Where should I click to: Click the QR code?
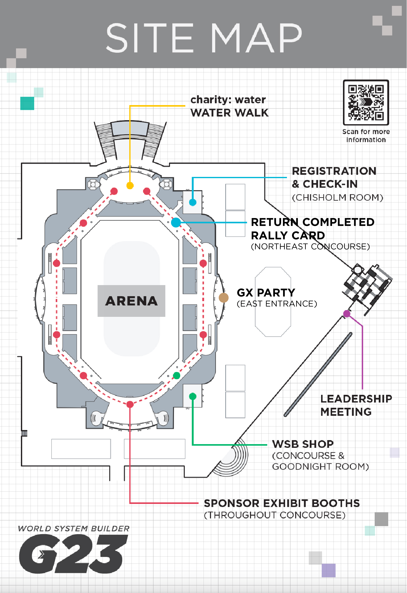tap(366, 102)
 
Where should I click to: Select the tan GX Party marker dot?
tap(224, 298)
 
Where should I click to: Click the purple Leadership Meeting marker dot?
tap(347, 313)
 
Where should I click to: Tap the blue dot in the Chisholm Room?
tap(193, 202)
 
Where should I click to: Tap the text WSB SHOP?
tap(303, 444)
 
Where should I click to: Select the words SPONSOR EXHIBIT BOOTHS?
tap(282, 503)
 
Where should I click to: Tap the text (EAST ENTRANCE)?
tap(277, 304)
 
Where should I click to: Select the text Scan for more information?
tap(366, 136)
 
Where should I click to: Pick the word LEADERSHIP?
tap(356, 399)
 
